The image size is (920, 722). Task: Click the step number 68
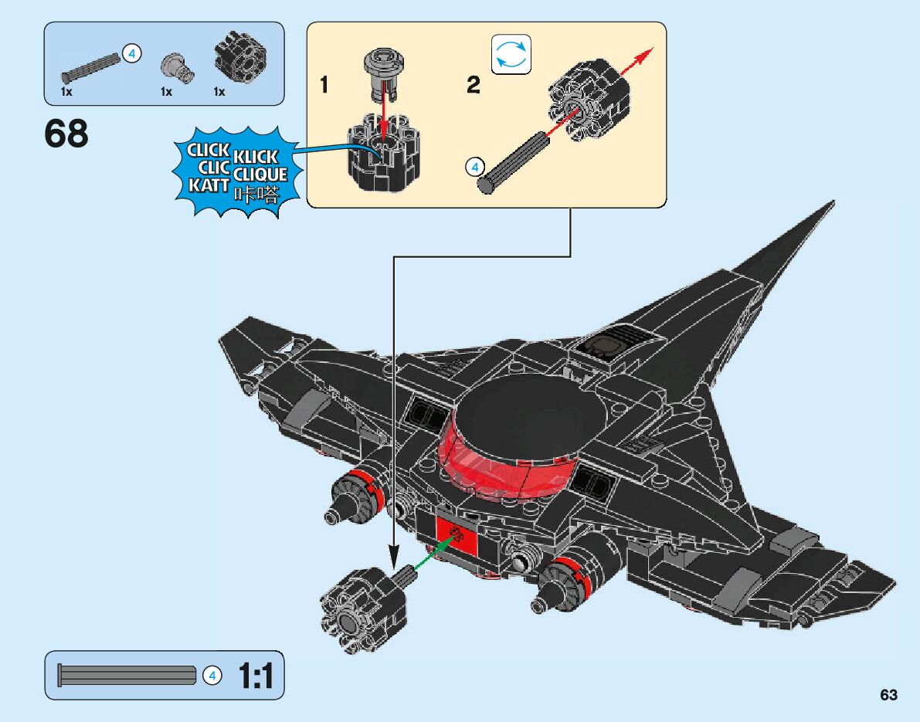(x=66, y=134)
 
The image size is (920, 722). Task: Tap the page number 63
(x=888, y=694)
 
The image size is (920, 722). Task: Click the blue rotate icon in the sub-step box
(x=511, y=54)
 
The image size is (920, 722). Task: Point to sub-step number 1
(x=324, y=85)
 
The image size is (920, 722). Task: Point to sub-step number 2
(x=474, y=85)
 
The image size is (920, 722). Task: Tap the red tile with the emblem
(x=457, y=534)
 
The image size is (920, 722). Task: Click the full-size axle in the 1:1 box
(x=127, y=676)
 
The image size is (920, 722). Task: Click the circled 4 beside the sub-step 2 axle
(x=475, y=166)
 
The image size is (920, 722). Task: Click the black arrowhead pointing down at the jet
(x=394, y=557)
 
